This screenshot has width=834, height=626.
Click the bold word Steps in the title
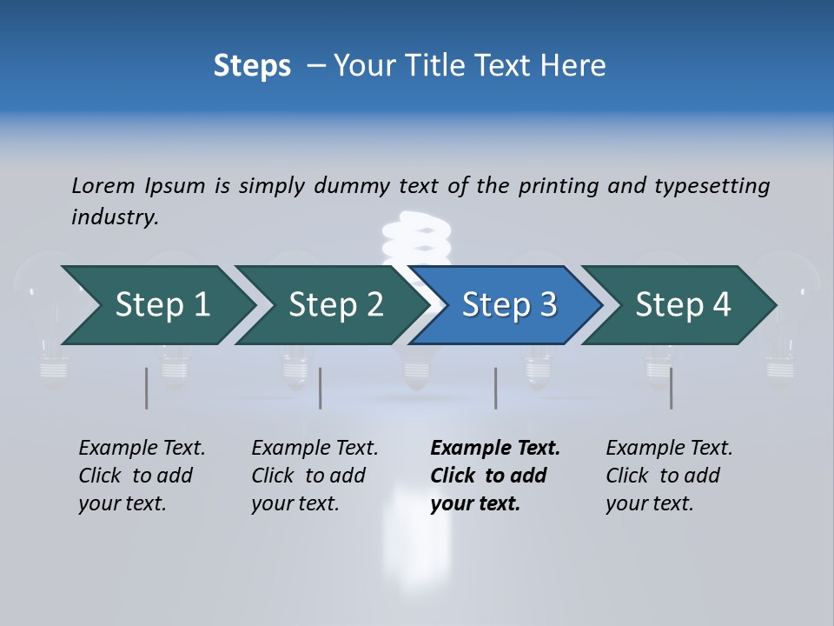(252, 66)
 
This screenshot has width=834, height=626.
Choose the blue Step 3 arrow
(509, 305)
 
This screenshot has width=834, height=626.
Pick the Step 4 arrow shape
(683, 305)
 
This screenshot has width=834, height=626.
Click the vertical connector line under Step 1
(146, 388)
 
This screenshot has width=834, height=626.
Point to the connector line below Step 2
(321, 388)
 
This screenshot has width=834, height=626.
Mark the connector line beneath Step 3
(495, 388)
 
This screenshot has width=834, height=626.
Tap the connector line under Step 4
(671, 388)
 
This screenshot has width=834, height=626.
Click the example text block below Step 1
(142, 476)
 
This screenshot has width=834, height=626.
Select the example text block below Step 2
(314, 476)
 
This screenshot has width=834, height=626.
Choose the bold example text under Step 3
(495, 476)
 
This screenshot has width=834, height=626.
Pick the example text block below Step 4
(669, 476)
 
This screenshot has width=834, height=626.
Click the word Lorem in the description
(103, 185)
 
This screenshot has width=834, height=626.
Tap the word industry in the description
(115, 217)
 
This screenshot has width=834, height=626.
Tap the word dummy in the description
(351, 185)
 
